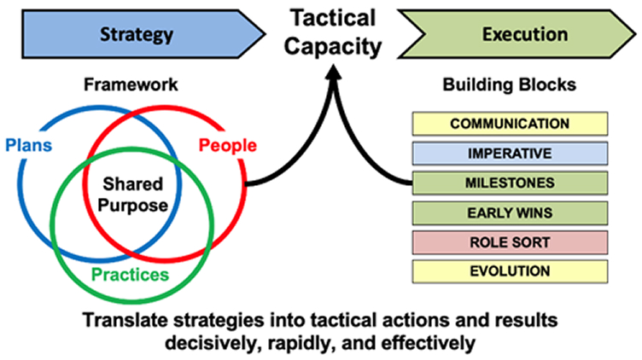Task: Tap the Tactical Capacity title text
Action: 332,32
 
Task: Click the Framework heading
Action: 131,84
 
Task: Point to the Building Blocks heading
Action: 510,84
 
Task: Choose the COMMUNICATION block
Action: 510,124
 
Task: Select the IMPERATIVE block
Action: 510,154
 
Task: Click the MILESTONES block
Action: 510,183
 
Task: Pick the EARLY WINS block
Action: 510,212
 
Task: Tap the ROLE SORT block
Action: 510,242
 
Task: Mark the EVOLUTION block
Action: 510,271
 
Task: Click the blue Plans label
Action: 29,145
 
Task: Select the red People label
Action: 228,145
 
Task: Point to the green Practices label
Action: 131,275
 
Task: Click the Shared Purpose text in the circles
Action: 132,195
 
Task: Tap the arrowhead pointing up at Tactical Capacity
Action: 334,73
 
